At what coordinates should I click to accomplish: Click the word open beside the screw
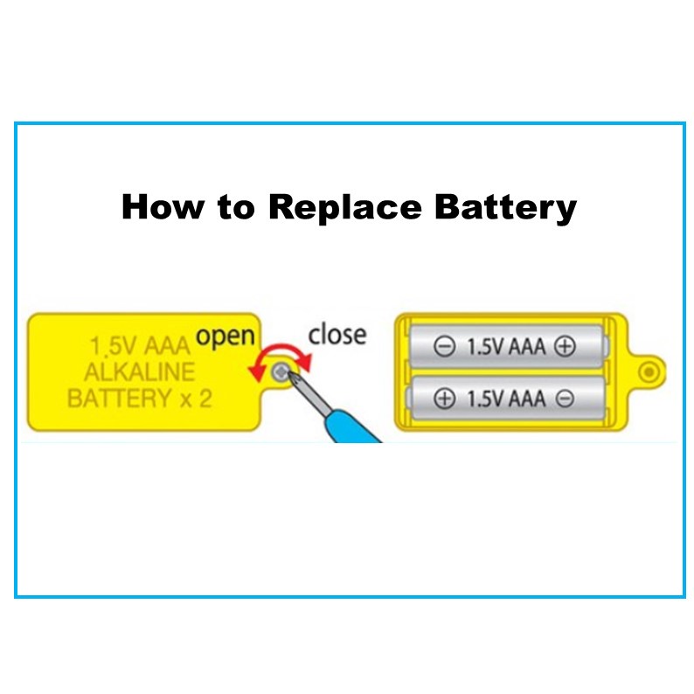click(x=226, y=335)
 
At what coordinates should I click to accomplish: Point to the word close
click(x=337, y=334)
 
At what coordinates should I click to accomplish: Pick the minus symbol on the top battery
click(x=444, y=347)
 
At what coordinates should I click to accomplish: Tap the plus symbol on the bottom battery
click(x=444, y=399)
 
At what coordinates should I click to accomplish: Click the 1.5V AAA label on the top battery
click(x=505, y=347)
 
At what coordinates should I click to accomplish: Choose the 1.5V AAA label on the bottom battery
click(x=505, y=399)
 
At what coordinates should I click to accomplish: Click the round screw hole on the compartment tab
click(x=649, y=372)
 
